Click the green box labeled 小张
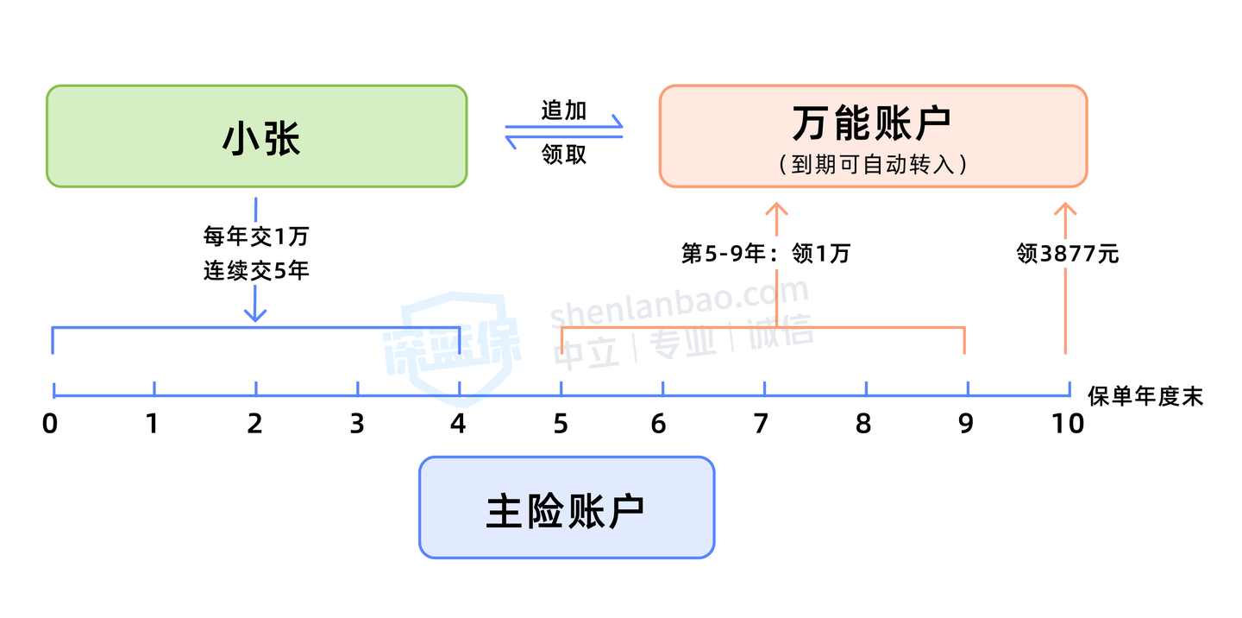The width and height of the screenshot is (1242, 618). tap(257, 136)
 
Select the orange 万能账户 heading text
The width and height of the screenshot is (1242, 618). tap(872, 123)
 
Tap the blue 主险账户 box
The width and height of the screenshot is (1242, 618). tap(567, 508)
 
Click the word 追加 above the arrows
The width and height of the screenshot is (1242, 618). tap(564, 110)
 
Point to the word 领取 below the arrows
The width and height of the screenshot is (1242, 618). tap(564, 154)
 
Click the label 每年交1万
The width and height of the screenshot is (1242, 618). tap(256, 236)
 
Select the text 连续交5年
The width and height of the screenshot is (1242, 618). tap(256, 271)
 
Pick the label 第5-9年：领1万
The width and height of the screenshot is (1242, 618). tap(766, 254)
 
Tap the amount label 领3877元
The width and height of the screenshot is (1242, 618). tap(1068, 254)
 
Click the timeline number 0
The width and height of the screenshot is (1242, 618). tap(50, 424)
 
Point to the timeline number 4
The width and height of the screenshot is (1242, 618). tap(458, 424)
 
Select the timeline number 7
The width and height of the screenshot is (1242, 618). tap(761, 424)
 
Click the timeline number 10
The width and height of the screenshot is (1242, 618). tap(1068, 424)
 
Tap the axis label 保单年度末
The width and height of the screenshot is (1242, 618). tap(1145, 396)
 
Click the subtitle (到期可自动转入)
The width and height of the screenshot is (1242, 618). tap(873, 164)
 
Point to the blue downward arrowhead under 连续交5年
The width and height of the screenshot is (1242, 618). tap(255, 315)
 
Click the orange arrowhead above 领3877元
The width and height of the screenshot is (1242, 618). tap(1065, 209)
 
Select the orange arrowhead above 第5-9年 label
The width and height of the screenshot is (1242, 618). tap(777, 209)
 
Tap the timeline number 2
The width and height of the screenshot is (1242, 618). tap(254, 424)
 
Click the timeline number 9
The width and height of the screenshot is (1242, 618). tap(966, 424)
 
